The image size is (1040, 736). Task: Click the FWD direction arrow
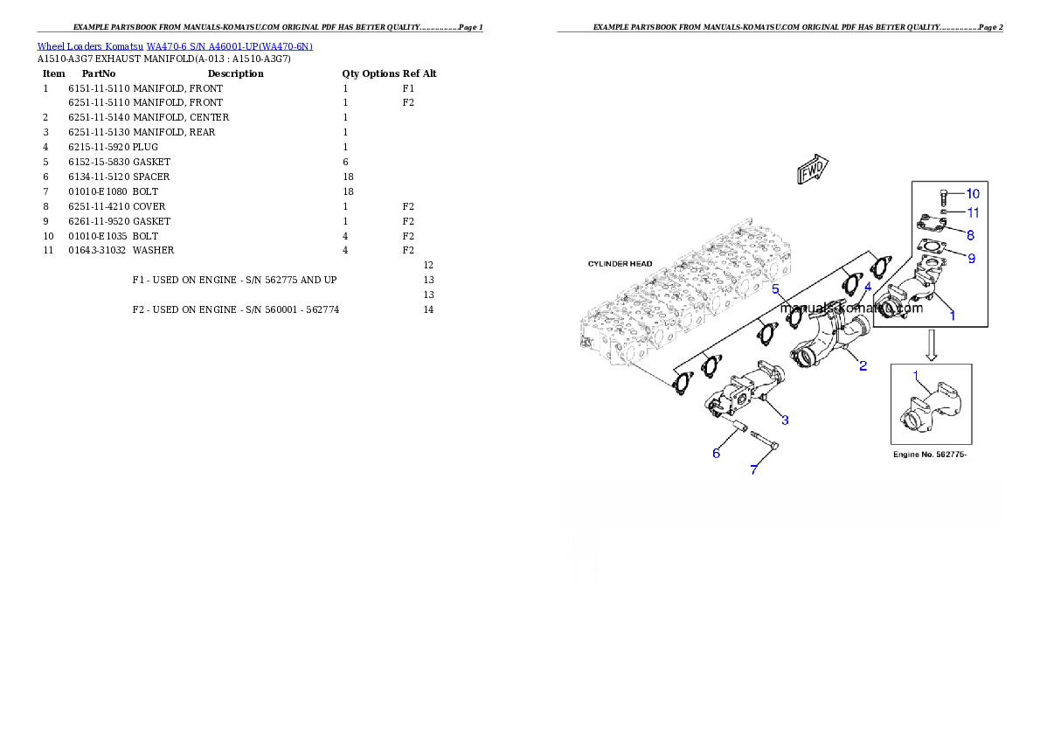click(812, 170)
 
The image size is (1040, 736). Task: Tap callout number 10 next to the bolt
click(973, 193)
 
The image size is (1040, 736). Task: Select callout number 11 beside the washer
click(973, 212)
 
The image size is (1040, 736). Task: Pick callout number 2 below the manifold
click(863, 365)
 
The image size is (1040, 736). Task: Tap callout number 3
click(785, 420)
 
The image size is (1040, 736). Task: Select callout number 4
click(868, 287)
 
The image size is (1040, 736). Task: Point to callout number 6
click(716, 453)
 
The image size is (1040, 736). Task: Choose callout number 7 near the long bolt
click(754, 470)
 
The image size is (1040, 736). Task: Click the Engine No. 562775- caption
click(930, 455)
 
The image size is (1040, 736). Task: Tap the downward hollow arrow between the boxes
click(932, 345)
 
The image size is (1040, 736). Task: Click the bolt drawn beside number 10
click(944, 196)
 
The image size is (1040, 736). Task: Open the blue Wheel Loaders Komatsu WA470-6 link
click(175, 46)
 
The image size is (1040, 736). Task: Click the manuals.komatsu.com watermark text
click(851, 308)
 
